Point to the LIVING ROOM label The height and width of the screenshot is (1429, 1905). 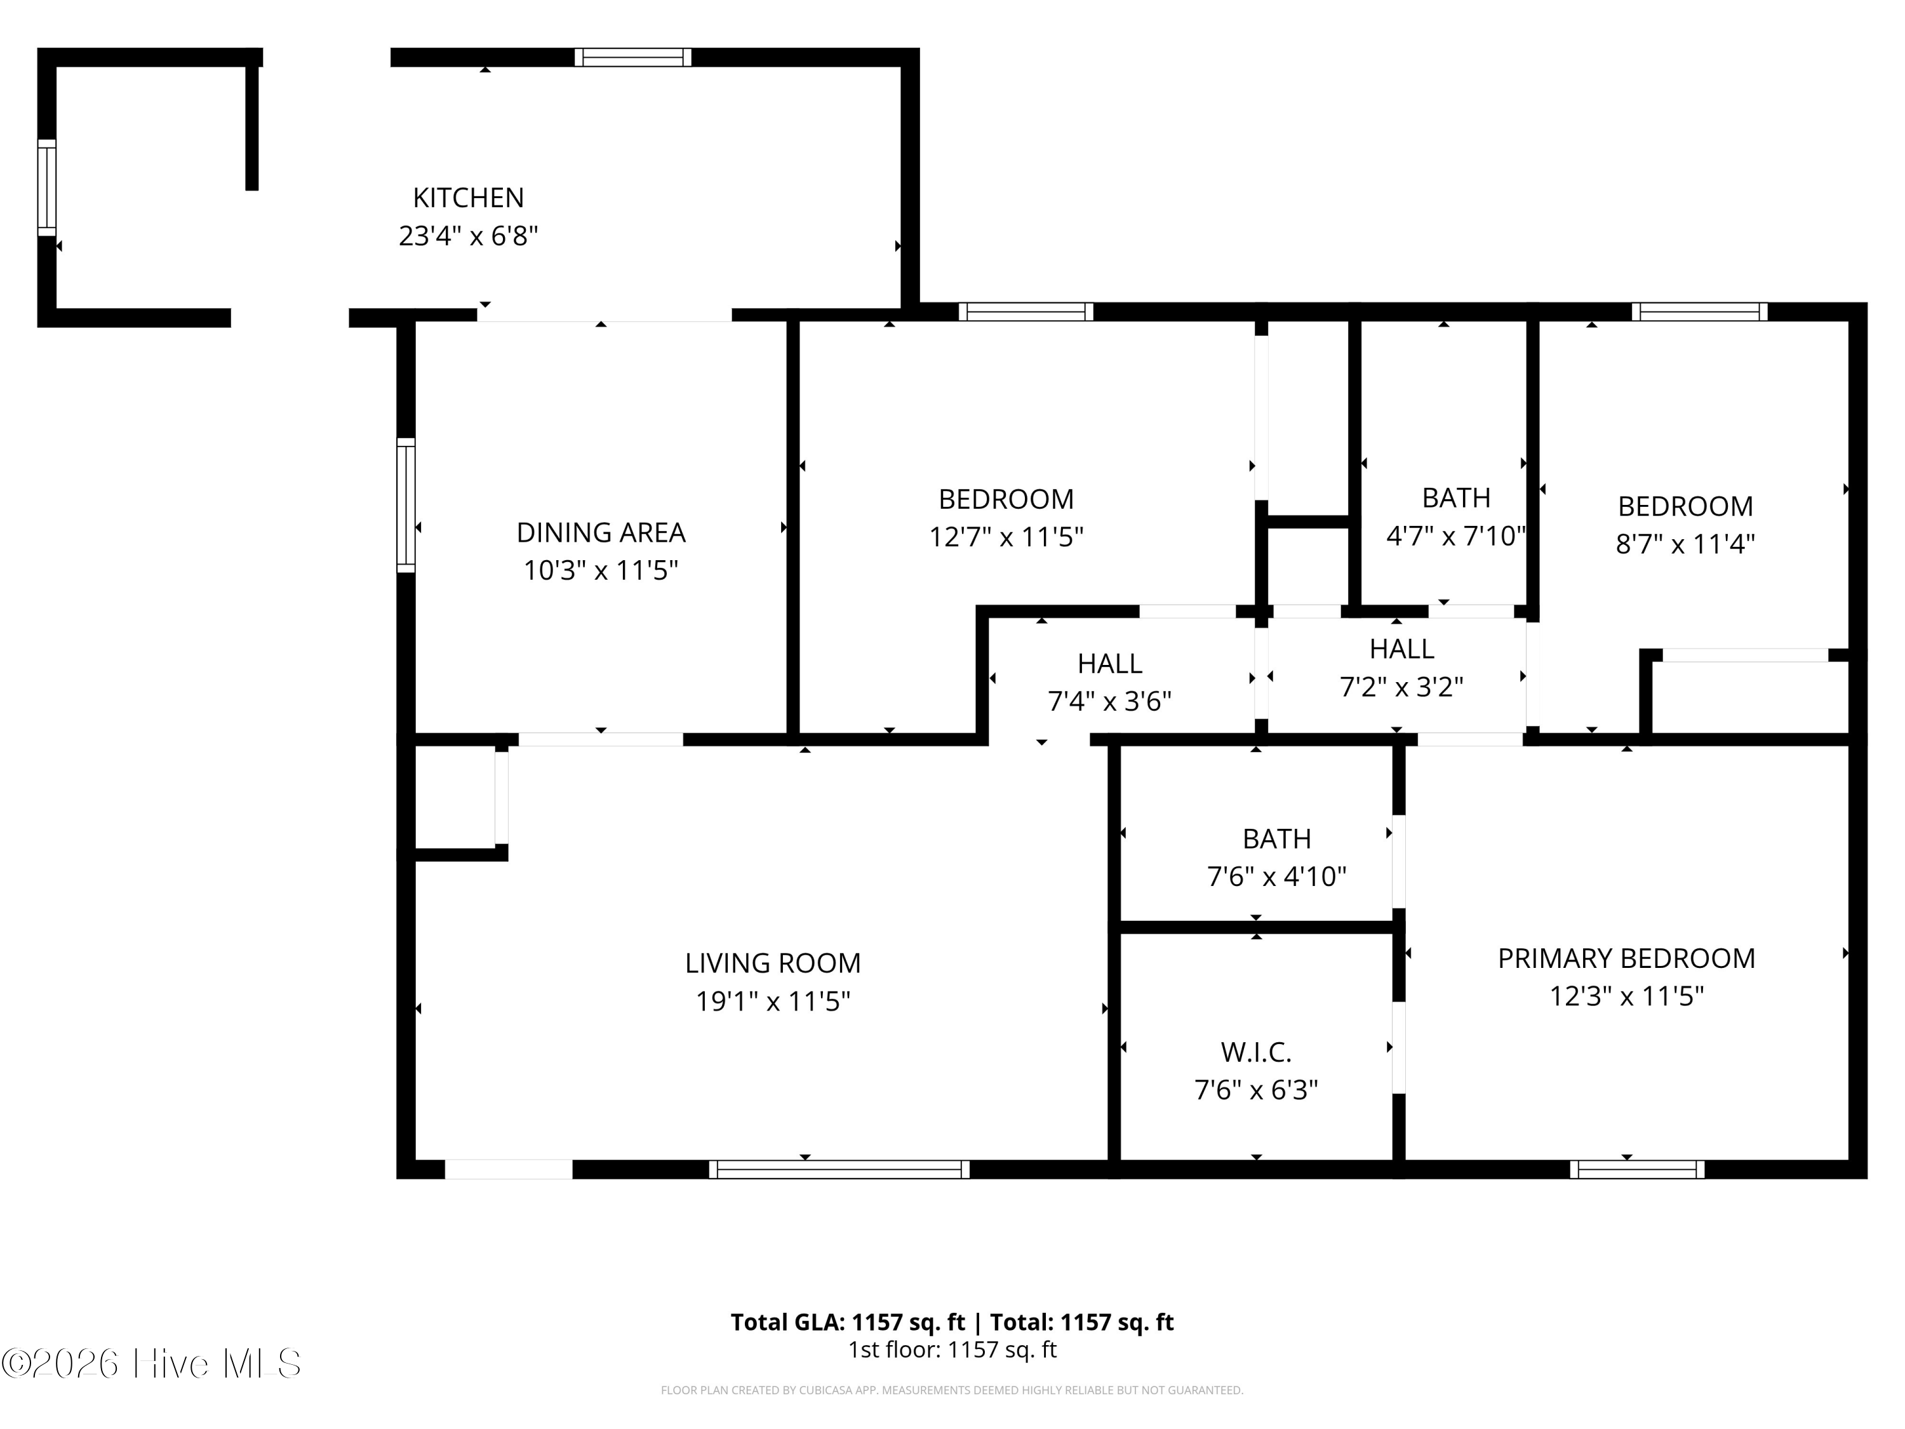coord(773,963)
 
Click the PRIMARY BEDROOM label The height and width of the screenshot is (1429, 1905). coord(1626,958)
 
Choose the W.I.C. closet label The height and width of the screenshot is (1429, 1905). coord(1255,1052)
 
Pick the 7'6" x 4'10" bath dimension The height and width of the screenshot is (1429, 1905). coord(1276,877)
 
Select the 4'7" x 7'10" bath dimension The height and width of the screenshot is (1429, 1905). coord(1455,536)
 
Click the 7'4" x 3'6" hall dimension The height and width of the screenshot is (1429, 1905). coord(1109,701)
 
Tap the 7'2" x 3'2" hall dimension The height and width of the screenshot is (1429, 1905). coord(1401,687)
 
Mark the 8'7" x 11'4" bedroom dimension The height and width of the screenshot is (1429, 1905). coord(1685,544)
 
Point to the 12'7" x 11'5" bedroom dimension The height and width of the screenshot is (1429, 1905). coord(1005,537)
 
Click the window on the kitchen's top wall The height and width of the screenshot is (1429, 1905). coord(633,58)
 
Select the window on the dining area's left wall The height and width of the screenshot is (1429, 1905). coord(406,505)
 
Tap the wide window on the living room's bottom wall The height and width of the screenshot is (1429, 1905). coord(839,1169)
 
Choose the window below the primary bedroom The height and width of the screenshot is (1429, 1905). coord(1636,1169)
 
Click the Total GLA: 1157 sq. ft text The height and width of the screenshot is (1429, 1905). coord(848,1322)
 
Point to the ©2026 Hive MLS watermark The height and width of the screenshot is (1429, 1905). coord(152,1364)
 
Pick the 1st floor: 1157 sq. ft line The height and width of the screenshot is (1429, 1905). coord(952,1350)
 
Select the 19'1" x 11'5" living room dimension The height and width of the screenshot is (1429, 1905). coord(773,1001)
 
